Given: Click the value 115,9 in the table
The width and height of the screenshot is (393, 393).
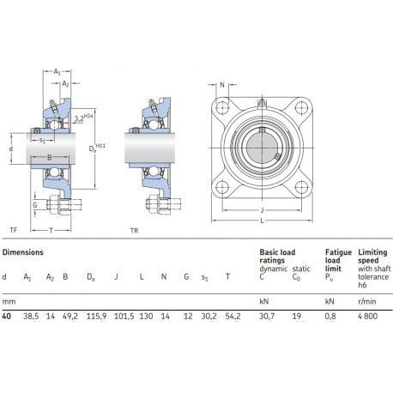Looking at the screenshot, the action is coord(96,317).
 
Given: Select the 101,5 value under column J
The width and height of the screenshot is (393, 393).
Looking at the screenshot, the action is coord(124,317).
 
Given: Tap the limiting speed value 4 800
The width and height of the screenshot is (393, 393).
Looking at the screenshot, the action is coord(367,317).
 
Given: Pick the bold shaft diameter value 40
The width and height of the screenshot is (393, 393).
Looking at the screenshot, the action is coord(7,317).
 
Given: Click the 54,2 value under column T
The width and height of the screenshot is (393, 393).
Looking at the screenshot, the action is coord(233,317).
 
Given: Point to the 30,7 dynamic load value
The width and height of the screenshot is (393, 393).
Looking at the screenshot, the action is coord(267,317).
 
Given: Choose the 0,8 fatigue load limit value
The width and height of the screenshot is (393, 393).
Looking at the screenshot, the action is coord(330,317).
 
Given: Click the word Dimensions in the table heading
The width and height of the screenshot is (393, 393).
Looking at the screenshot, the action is coord(22,252).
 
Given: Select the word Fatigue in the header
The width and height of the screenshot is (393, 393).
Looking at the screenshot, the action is coord(338,252).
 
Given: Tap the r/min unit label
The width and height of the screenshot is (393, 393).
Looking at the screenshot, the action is coord(367,301).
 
